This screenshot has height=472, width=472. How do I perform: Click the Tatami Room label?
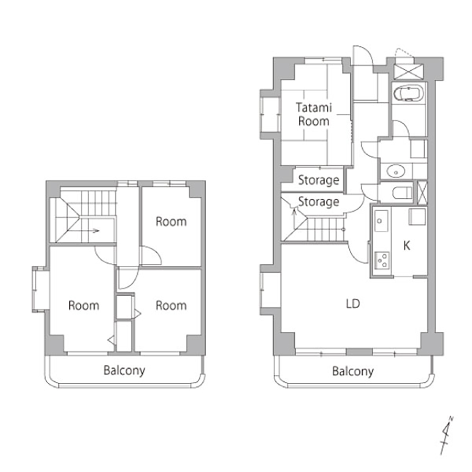[314, 114]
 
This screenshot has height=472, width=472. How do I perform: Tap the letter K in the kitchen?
[407, 245]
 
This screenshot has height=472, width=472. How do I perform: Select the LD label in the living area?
[353, 303]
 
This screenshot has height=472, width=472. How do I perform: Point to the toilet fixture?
[402, 193]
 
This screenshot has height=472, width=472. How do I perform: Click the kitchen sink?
[381, 221]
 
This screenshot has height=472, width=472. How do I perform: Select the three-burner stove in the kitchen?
[382, 260]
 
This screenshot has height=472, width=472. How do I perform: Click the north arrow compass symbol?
[447, 435]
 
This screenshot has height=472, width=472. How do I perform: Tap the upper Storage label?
[319, 180]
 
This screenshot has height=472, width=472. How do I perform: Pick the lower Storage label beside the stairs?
[319, 202]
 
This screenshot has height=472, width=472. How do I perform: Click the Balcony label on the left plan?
[124, 371]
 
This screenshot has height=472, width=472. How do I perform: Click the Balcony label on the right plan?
[353, 371]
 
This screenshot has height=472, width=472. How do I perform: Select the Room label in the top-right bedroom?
[171, 222]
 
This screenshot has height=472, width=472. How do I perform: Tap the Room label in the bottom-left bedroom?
[84, 305]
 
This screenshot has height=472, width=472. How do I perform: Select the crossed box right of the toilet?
[422, 192]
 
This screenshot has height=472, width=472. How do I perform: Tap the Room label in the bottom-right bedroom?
[171, 305]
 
